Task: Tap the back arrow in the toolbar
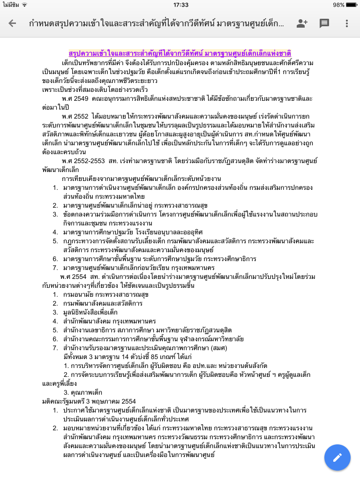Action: [x=12, y=23]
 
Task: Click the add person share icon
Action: [x=302, y=23]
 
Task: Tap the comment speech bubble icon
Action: [x=324, y=23]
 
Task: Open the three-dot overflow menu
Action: [x=347, y=23]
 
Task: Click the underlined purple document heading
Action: [x=180, y=53]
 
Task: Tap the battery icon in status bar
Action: [x=352, y=5]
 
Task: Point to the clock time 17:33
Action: [x=180, y=5]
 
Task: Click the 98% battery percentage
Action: [x=338, y=5]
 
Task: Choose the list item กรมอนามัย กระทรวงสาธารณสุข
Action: [x=105, y=294]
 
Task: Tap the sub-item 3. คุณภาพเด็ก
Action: [x=83, y=392]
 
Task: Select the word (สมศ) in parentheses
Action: [x=217, y=348]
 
